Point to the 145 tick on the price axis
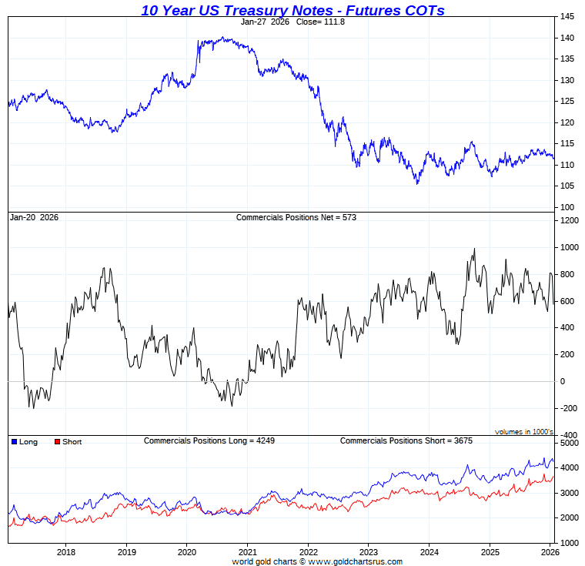[x=567, y=17]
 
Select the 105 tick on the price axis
[x=567, y=186]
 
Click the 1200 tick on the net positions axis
[x=569, y=221]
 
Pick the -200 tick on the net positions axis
[x=569, y=409]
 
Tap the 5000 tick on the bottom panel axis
[x=569, y=444]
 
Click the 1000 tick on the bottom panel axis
[x=569, y=543]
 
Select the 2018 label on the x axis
[x=66, y=551]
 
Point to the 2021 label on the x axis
[x=247, y=551]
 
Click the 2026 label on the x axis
[x=549, y=551]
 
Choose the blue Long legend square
[x=14, y=442]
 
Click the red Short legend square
[x=56, y=442]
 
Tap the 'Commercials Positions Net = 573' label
[x=296, y=217]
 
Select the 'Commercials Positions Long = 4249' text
[x=209, y=440]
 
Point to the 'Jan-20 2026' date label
[x=34, y=217]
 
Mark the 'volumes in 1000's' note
[x=523, y=431]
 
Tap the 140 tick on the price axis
[x=567, y=38]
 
